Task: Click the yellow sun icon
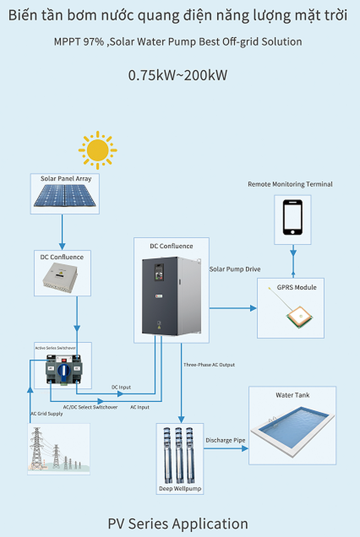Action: pyautogui.click(x=98, y=150)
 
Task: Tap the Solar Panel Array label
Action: pyautogui.click(x=66, y=179)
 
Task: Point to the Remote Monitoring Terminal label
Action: pyautogui.click(x=290, y=184)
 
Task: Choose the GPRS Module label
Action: pyautogui.click(x=297, y=287)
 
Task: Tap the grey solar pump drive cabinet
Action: pyautogui.click(x=172, y=296)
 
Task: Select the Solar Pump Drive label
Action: pyautogui.click(x=235, y=269)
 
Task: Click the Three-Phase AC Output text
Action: pyautogui.click(x=209, y=365)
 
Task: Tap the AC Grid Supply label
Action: pyautogui.click(x=46, y=414)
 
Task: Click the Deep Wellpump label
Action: pyautogui.click(x=180, y=488)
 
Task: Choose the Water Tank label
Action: pyautogui.click(x=292, y=395)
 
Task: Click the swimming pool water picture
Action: pyautogui.click(x=292, y=425)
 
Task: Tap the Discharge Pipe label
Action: pyautogui.click(x=225, y=440)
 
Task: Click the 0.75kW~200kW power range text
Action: pyautogui.click(x=178, y=75)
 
